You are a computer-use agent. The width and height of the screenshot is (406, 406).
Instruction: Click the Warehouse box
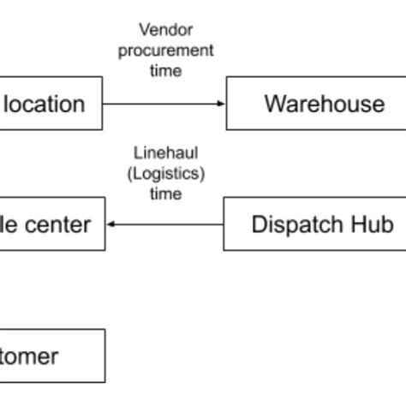(316, 104)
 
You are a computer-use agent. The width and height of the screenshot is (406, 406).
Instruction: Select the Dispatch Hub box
(314, 224)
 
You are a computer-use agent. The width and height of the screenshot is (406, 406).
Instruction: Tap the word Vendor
(165, 31)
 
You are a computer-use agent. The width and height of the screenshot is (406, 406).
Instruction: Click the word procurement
(165, 51)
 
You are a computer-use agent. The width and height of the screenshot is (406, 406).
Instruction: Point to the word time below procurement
(165, 71)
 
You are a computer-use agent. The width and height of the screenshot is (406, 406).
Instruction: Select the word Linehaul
(165, 153)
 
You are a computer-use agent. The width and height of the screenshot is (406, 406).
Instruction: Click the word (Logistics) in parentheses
(165, 174)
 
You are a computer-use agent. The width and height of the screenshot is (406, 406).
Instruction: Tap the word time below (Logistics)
(165, 194)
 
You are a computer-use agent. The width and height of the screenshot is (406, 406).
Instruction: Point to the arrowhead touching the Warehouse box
(222, 104)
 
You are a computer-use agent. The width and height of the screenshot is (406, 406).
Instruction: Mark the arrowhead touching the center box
(111, 224)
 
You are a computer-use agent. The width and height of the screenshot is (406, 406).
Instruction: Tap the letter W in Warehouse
(275, 104)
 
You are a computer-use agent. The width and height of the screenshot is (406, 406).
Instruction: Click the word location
(45, 104)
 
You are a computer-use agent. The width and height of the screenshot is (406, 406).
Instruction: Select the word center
(55, 225)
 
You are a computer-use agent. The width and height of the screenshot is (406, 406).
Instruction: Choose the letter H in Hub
(359, 224)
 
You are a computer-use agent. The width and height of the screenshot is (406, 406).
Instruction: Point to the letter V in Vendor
(143, 31)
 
